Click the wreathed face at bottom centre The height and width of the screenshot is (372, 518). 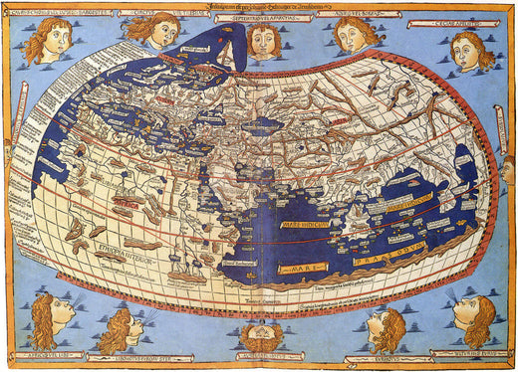click(262, 339)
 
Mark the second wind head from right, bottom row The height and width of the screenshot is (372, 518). click(386, 328)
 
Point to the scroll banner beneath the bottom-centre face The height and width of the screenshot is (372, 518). click(261, 361)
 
